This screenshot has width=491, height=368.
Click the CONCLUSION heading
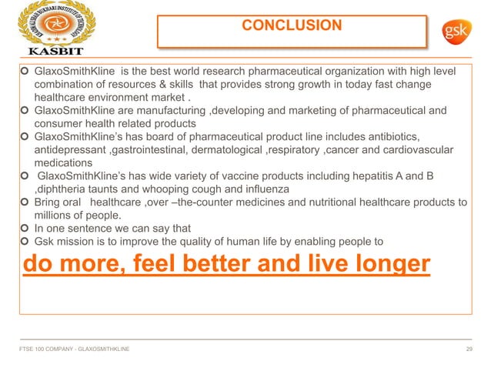[292, 25]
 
